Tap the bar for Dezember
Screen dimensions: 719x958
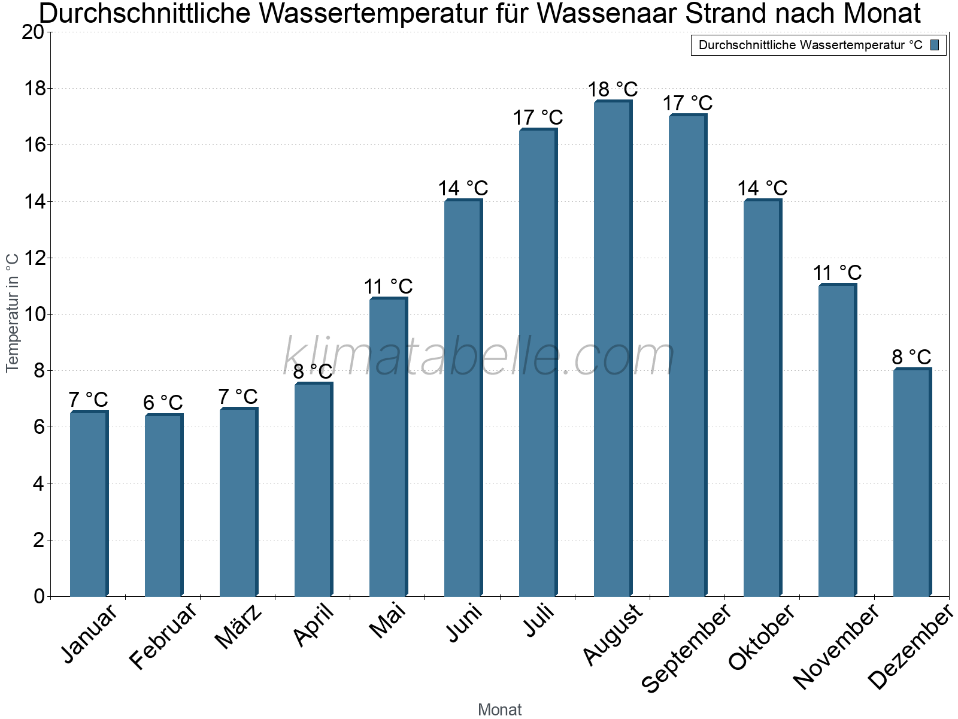click(911, 482)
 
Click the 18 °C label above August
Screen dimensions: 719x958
click(613, 90)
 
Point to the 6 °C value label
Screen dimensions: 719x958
click(163, 403)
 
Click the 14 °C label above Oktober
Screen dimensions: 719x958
click(762, 189)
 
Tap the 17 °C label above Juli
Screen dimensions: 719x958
click(538, 118)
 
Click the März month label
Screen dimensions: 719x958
click(238, 627)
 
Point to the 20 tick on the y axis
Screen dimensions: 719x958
click(33, 32)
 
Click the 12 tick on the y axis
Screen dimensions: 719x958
click(33, 258)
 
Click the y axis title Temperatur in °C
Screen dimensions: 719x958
click(13, 312)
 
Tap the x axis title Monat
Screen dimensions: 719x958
click(499, 709)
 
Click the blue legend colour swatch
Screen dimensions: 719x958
click(935, 45)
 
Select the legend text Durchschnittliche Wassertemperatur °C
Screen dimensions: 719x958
click(810, 45)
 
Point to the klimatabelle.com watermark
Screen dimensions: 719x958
click(479, 357)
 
